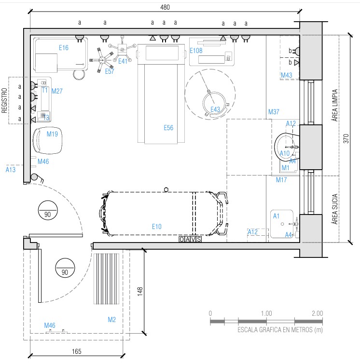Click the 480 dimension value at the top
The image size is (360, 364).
[x=165, y=7]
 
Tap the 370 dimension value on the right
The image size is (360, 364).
[x=346, y=138]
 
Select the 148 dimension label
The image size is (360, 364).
[x=140, y=291]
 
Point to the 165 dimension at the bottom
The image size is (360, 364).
[x=77, y=351]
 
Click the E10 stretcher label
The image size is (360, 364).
[x=157, y=227]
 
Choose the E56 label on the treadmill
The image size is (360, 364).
[x=168, y=128]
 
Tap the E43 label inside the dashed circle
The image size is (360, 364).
[x=215, y=109]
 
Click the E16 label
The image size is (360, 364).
[x=64, y=48]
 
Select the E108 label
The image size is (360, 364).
[x=196, y=51]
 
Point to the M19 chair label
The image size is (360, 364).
[x=52, y=134]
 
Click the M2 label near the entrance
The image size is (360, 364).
[x=112, y=320]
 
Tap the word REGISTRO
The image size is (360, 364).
[x=4, y=100]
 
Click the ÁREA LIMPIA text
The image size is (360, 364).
[x=334, y=106]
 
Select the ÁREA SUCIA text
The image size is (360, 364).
[x=334, y=209]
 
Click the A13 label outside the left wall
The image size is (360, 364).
[x=11, y=170]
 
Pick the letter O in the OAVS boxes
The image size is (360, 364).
[x=181, y=239]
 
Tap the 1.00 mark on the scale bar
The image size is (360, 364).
[x=266, y=313]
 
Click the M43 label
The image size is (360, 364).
[x=287, y=75]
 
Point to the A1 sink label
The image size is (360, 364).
[x=276, y=216]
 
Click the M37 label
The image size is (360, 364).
[x=274, y=112]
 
